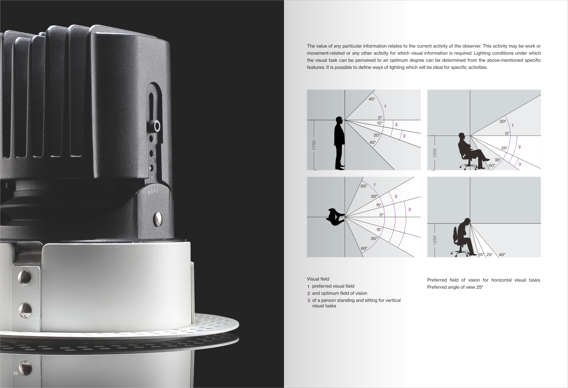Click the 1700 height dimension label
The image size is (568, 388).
[314, 145]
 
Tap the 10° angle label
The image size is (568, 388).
[380, 123]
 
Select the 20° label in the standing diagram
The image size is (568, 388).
[377, 135]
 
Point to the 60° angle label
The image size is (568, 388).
[492, 165]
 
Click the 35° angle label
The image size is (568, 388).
[498, 160]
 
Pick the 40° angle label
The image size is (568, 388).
[502, 255]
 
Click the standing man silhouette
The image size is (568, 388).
[339, 143]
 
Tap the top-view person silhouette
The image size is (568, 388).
[335, 217]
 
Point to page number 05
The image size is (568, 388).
[16, 373]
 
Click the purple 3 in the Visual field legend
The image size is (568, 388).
[308, 301]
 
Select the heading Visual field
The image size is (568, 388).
[318, 279]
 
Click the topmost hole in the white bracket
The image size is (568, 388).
[24, 277]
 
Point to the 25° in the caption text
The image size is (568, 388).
[480, 287]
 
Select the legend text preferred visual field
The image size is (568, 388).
[333, 286]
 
